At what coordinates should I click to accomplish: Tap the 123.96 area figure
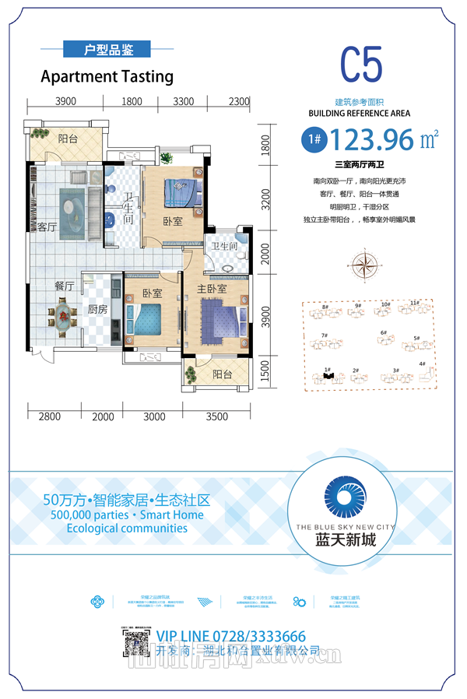pyautogui.click(x=371, y=141)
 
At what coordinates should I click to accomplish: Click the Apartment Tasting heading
pyautogui.click(x=107, y=76)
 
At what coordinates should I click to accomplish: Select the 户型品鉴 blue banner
pyautogui.click(x=108, y=50)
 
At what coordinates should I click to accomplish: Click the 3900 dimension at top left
pyautogui.click(x=65, y=101)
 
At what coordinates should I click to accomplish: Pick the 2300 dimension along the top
pyautogui.click(x=239, y=101)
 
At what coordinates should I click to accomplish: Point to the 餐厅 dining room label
pyautogui.click(x=64, y=286)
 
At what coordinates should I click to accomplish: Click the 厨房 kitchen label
pyautogui.click(x=97, y=309)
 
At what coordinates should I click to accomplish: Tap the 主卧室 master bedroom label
pyautogui.click(x=211, y=290)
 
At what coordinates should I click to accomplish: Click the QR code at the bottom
pyautogui.click(x=135, y=644)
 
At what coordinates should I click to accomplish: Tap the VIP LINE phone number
pyautogui.click(x=231, y=636)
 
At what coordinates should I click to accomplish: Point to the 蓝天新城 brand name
pyautogui.click(x=346, y=539)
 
